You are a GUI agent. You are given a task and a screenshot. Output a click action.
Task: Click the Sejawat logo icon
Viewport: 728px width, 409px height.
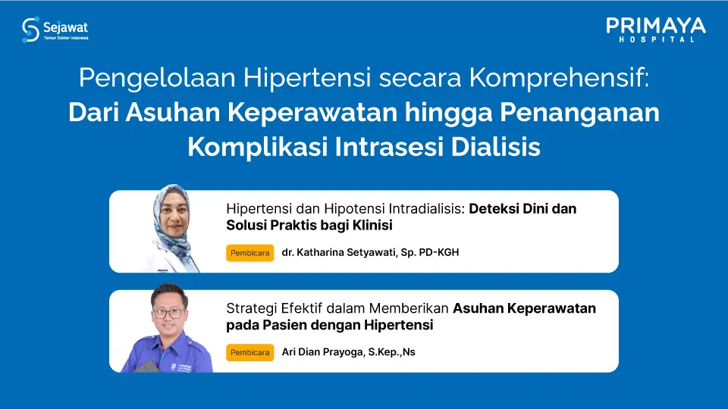tap(30, 30)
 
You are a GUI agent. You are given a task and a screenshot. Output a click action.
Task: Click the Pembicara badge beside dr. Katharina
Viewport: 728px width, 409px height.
tap(249, 253)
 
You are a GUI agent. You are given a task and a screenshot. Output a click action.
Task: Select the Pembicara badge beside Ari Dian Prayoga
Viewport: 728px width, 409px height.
tap(249, 352)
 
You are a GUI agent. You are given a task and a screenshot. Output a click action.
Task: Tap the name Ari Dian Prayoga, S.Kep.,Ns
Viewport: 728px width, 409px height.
tap(348, 352)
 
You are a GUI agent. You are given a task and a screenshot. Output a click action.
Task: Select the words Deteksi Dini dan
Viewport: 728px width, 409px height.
tap(522, 209)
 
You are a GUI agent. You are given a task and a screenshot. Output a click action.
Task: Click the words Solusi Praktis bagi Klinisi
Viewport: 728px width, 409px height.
tap(309, 226)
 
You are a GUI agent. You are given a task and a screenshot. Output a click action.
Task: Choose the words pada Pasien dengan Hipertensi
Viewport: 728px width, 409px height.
tap(329, 325)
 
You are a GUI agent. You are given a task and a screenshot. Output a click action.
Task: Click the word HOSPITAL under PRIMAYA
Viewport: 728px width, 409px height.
tap(656, 39)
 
